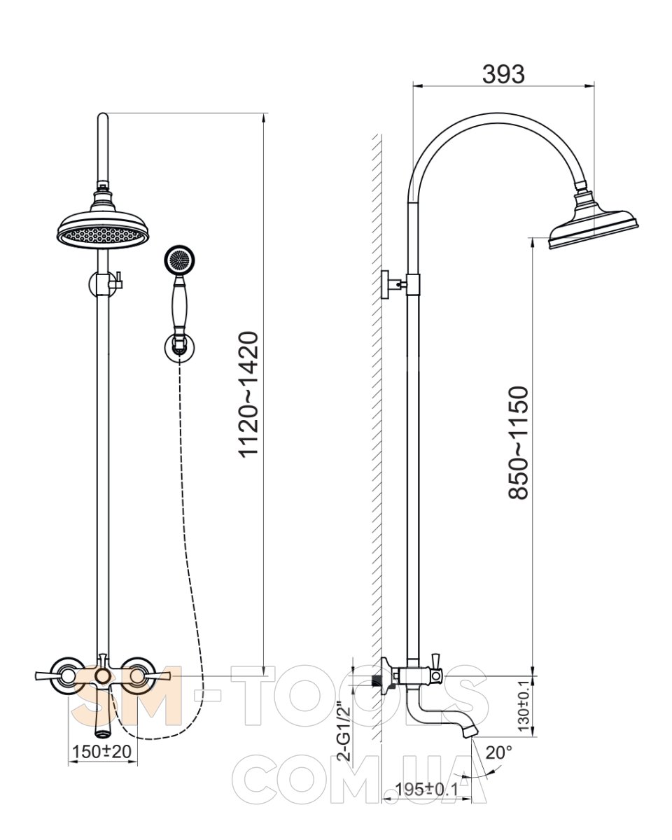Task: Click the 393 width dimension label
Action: (503, 74)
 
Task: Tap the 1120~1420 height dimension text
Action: (248, 394)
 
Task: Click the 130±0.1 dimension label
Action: (523, 705)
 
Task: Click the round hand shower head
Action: (179, 259)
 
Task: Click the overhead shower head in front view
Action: (103, 226)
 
